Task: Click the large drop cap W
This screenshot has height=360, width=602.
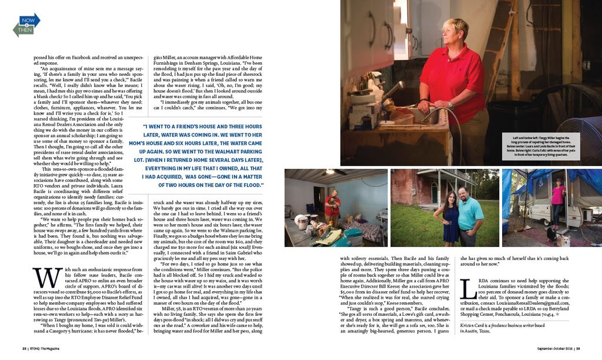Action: [x=40, y=276]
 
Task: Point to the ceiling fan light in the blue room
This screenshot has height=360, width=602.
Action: [x=343, y=172]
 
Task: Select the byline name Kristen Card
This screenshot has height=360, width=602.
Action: [x=477, y=325]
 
